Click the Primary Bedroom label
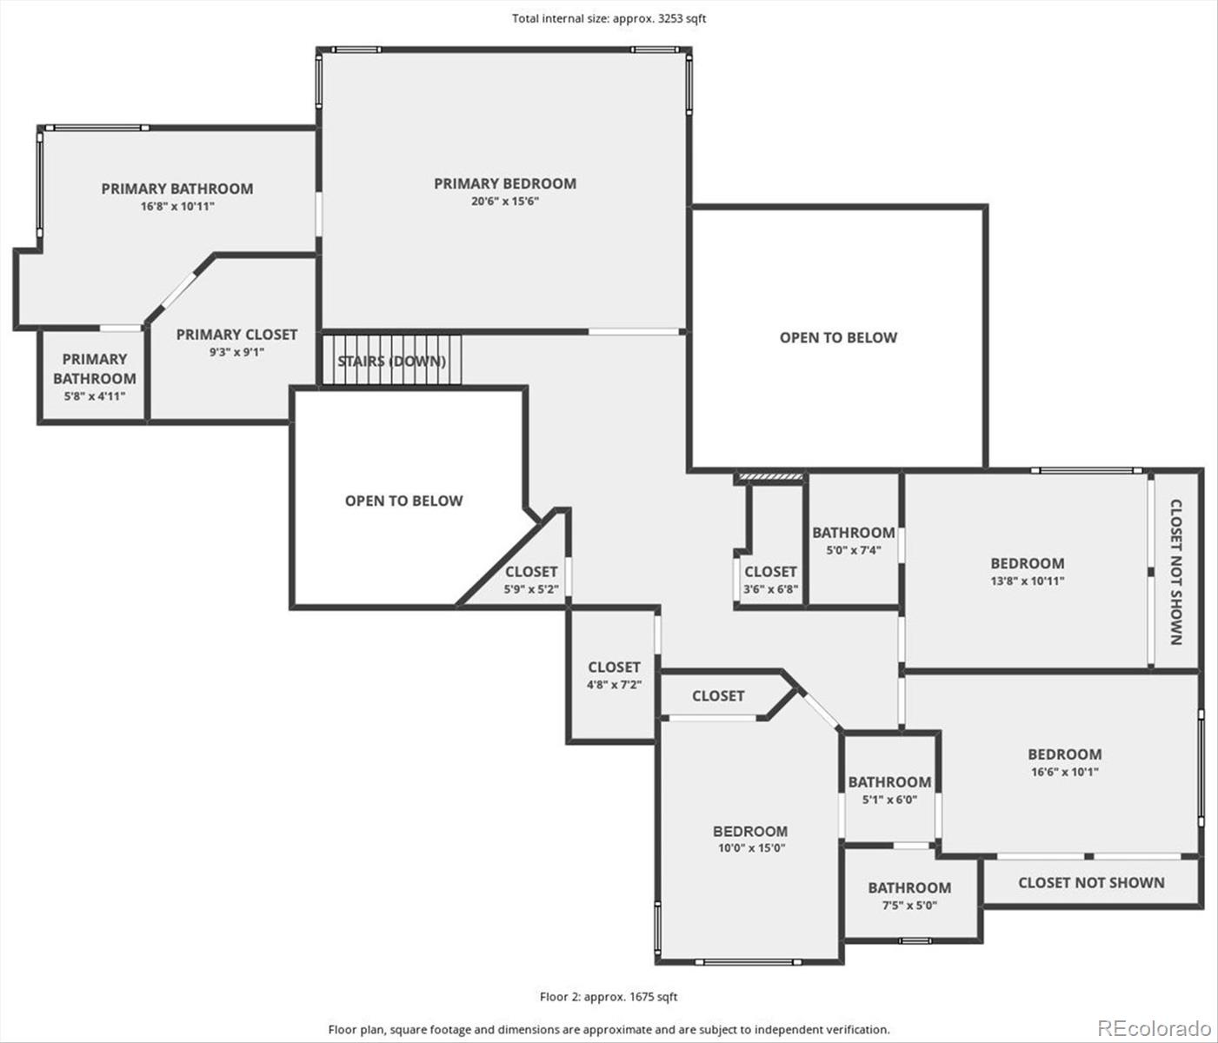coord(505,183)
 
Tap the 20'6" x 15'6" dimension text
coord(505,201)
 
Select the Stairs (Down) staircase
coord(392,360)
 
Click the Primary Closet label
coord(236,334)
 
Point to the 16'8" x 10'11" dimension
coord(177,206)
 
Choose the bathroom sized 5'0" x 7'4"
coord(853,539)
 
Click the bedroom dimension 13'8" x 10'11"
coord(1027,581)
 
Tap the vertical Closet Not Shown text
coord(1175,572)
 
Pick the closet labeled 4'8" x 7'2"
coord(614,674)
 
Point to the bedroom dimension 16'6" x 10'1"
coord(1064,771)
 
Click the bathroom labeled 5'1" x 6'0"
coord(889,789)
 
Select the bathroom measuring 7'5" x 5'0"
coord(909,896)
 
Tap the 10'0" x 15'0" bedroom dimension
coord(750,848)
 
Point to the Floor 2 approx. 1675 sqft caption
coord(608,996)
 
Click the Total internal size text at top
coord(609,18)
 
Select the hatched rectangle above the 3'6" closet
coord(771,476)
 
